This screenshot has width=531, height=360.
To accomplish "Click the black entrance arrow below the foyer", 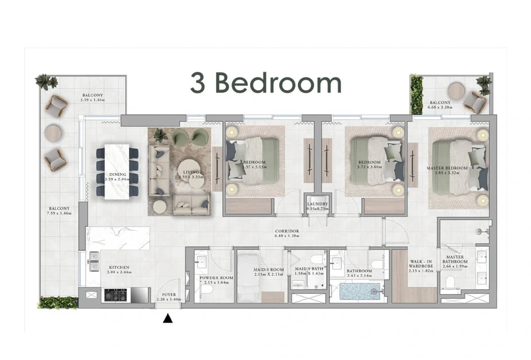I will point(168,318).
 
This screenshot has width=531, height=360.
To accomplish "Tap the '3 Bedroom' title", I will point(265,83).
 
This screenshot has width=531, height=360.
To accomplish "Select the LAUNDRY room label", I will point(317,204).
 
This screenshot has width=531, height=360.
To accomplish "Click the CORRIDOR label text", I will point(287,231).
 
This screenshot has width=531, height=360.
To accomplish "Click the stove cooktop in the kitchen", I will point(115,294).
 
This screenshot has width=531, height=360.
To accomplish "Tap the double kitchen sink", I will point(94,262).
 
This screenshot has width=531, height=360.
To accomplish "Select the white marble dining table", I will point(117,171).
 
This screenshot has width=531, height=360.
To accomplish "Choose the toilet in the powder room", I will point(206,290).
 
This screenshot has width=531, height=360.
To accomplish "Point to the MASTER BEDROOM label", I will point(447,168).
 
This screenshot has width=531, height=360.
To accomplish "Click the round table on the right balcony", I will point(456,91).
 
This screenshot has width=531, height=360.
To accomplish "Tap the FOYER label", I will point(169,294).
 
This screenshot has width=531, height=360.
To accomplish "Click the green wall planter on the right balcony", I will point(416,94).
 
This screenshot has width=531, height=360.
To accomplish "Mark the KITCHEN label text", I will point(119,267).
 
